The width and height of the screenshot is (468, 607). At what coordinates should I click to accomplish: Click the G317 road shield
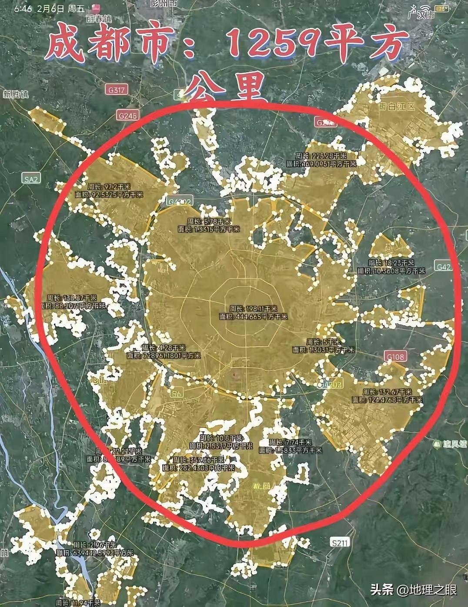coord(116,90)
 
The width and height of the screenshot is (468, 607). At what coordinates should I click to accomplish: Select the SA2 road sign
coord(31,179)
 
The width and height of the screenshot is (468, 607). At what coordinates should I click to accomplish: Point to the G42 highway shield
coord(443,267)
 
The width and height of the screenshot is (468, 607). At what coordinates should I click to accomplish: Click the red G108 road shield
coord(395,357)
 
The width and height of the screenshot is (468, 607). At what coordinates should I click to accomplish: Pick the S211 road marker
coord(340,542)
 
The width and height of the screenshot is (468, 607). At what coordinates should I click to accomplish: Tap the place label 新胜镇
coord(15,94)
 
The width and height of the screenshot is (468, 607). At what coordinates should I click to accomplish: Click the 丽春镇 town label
coord(100,19)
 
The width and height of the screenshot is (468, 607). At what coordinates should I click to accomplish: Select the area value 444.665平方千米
coord(259,317)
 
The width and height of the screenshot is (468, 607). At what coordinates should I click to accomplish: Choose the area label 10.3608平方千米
coord(391,270)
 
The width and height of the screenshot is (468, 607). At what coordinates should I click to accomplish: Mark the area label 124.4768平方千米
coord(387,400)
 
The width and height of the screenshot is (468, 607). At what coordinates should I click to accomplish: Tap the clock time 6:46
coord(23,9)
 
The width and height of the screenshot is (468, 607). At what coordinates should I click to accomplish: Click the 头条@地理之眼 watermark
coord(413,590)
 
